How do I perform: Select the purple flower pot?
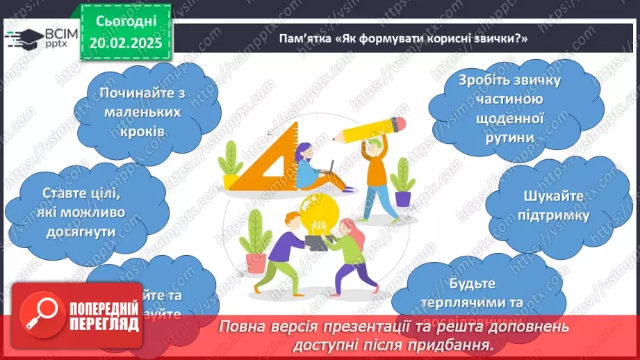coord(403,198)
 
